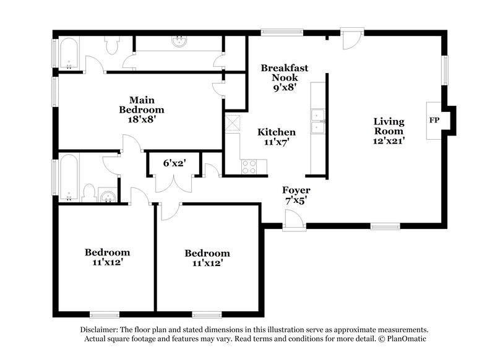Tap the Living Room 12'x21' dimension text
point(389,141)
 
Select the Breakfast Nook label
point(284,73)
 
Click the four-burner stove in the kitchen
point(249,166)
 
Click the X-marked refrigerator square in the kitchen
point(233,123)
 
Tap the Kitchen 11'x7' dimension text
point(277,142)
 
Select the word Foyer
point(296,190)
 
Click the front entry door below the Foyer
point(293,219)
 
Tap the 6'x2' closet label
point(174,164)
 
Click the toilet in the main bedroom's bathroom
point(113,45)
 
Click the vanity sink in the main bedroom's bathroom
point(179,42)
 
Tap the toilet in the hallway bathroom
point(88,193)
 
